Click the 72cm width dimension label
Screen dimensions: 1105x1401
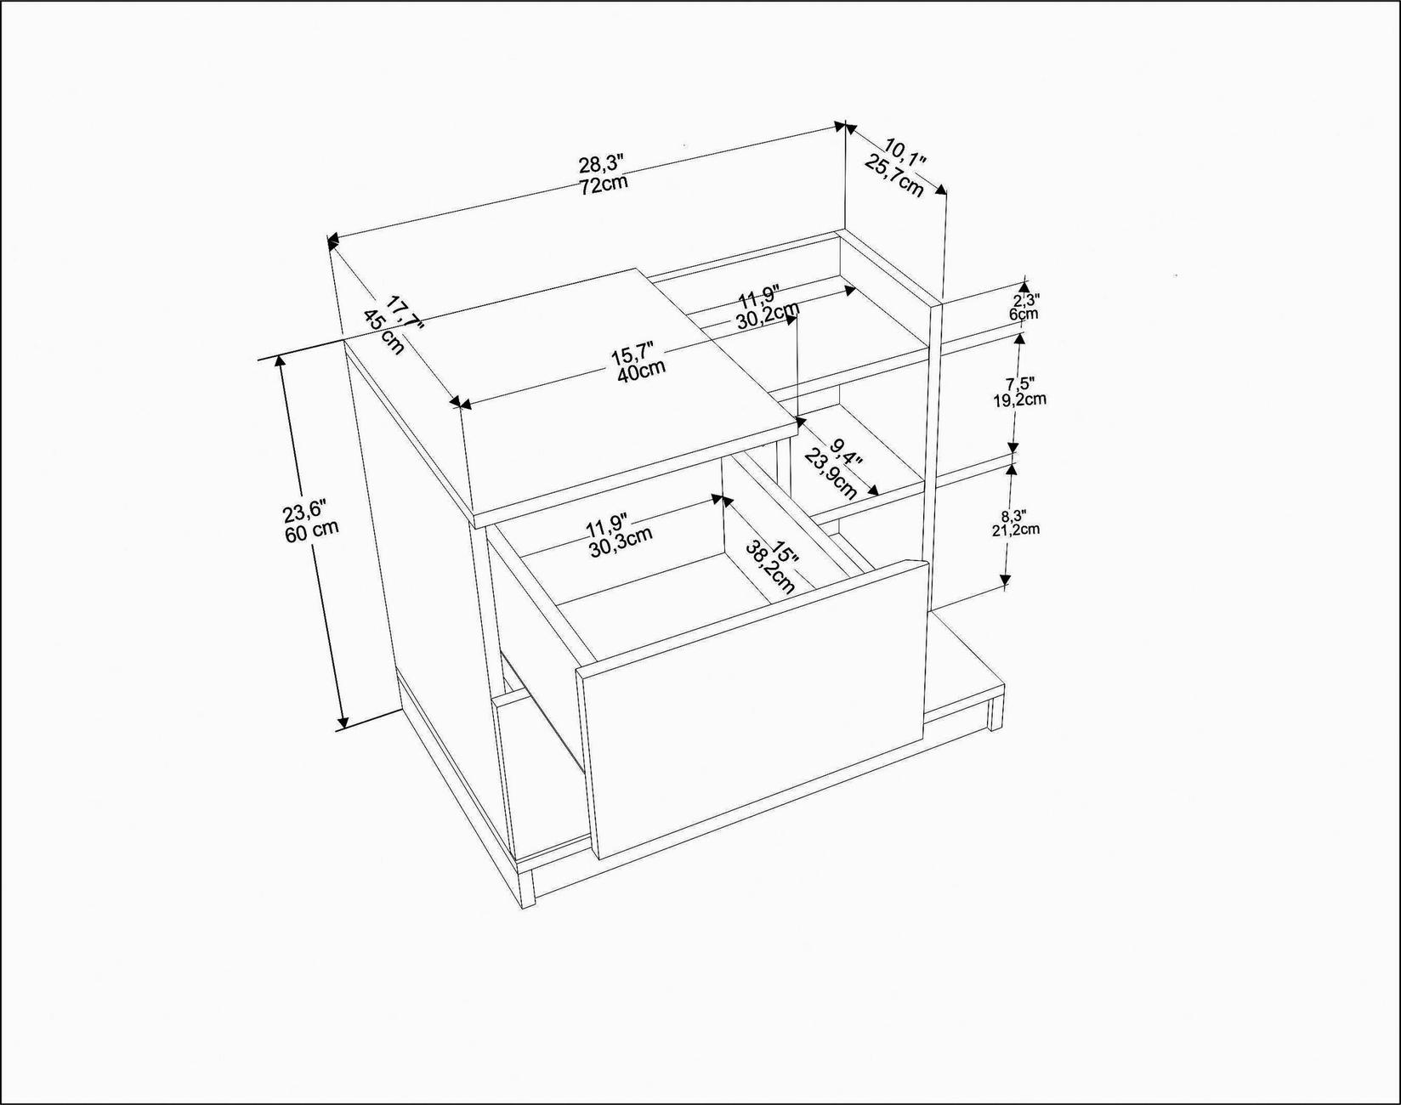[604, 184]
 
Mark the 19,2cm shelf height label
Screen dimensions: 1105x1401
[1019, 399]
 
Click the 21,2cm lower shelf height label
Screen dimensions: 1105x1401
[1016, 530]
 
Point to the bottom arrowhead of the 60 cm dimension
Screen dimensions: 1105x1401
[343, 723]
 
